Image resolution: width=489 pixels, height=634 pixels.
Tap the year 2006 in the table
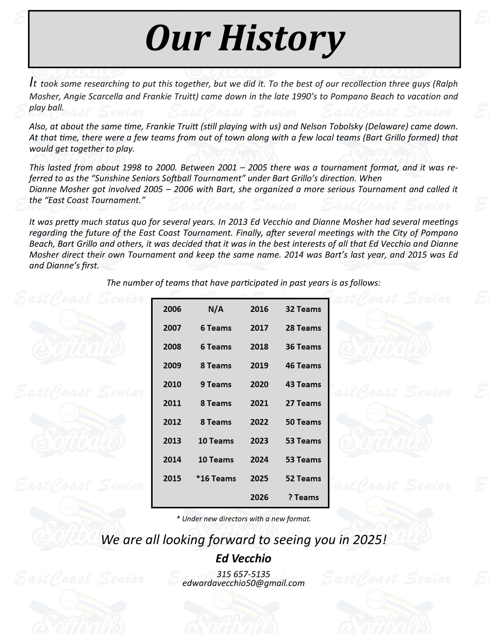tap(172, 309)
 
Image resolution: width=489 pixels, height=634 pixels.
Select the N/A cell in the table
tap(216, 309)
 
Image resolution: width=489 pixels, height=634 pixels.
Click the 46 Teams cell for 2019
tap(303, 366)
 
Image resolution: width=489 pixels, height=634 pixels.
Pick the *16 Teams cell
tap(216, 478)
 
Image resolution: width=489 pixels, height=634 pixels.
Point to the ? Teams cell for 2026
tap(303, 497)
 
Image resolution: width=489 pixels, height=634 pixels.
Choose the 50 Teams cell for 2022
tap(303, 422)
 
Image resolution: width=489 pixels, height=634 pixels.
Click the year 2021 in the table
tap(259, 403)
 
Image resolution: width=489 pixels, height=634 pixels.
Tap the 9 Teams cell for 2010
tap(216, 384)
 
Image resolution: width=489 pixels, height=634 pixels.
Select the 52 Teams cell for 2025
tap(303, 478)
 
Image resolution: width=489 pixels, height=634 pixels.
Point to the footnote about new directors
tap(244, 519)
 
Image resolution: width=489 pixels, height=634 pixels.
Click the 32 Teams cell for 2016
tap(303, 309)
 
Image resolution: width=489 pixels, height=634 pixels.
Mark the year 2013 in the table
tap(172, 441)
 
